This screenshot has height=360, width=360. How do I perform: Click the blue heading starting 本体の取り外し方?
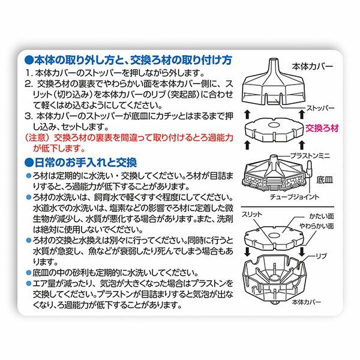pyautogui.click(x=129, y=60)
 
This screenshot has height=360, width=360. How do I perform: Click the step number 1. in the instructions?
pyautogui.click(x=29, y=73)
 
